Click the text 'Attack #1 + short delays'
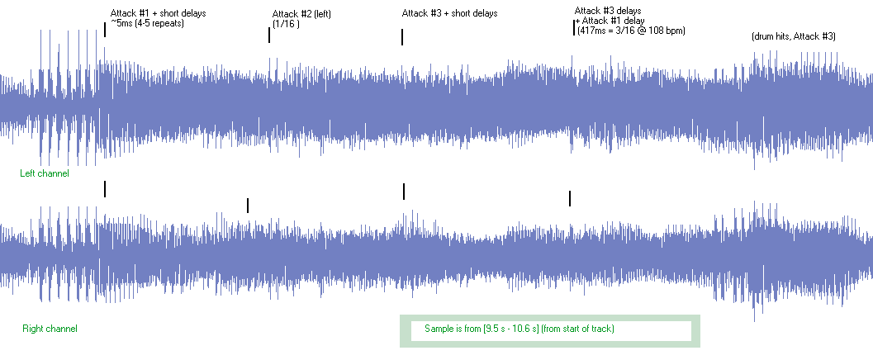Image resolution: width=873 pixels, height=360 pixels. pyautogui.click(x=158, y=13)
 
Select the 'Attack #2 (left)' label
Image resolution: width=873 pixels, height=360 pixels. pyautogui.click(x=301, y=14)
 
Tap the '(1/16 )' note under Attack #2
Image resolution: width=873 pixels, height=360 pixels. pyautogui.click(x=286, y=24)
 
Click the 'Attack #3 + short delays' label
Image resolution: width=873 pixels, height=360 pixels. pyautogui.click(x=450, y=13)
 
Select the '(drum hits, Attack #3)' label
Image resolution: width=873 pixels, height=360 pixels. pyautogui.click(x=794, y=36)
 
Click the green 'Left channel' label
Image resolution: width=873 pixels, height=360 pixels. pyautogui.click(x=45, y=173)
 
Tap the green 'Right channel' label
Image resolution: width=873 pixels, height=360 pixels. pyautogui.click(x=50, y=329)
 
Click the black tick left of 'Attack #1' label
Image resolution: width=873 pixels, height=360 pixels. pyautogui.click(x=105, y=30)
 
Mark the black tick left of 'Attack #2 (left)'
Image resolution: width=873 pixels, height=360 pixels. pyautogui.click(x=269, y=35)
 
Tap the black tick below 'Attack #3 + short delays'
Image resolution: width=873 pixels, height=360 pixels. pyautogui.click(x=402, y=37)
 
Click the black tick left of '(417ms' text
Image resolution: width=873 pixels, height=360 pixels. pyautogui.click(x=573, y=27)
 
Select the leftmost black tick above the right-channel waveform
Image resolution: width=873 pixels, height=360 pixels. pyautogui.click(x=105, y=188)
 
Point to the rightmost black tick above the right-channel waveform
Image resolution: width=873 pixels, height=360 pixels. pyautogui.click(x=570, y=198)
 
